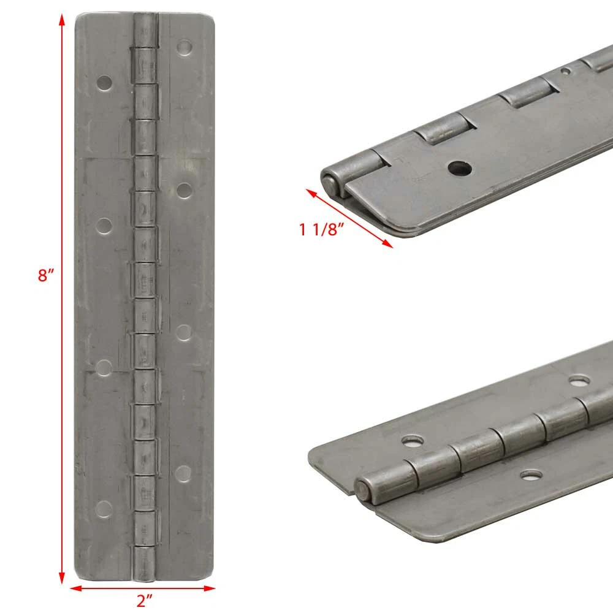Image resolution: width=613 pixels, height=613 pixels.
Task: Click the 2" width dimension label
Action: point(144,601)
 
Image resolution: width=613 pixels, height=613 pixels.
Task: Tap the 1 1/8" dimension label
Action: point(321,229)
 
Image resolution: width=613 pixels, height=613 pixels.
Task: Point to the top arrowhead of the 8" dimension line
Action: point(62,20)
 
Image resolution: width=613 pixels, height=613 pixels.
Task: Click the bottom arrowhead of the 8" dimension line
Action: point(62,578)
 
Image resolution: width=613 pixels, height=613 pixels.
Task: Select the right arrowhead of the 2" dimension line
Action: point(209,588)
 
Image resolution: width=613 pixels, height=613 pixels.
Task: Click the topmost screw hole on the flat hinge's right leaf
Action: point(184,48)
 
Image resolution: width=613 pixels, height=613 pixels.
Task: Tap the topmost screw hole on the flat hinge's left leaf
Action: point(104,83)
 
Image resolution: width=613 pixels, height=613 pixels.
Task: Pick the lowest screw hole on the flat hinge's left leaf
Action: point(104,509)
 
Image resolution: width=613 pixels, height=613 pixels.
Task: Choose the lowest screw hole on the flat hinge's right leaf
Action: point(183,473)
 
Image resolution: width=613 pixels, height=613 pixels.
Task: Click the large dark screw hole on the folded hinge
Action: point(460,169)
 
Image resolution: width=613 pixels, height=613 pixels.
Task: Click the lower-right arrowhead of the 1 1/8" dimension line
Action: point(387,244)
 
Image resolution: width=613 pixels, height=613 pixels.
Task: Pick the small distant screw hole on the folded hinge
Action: point(566,70)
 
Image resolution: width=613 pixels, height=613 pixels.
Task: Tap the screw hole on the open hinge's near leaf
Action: point(531,476)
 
